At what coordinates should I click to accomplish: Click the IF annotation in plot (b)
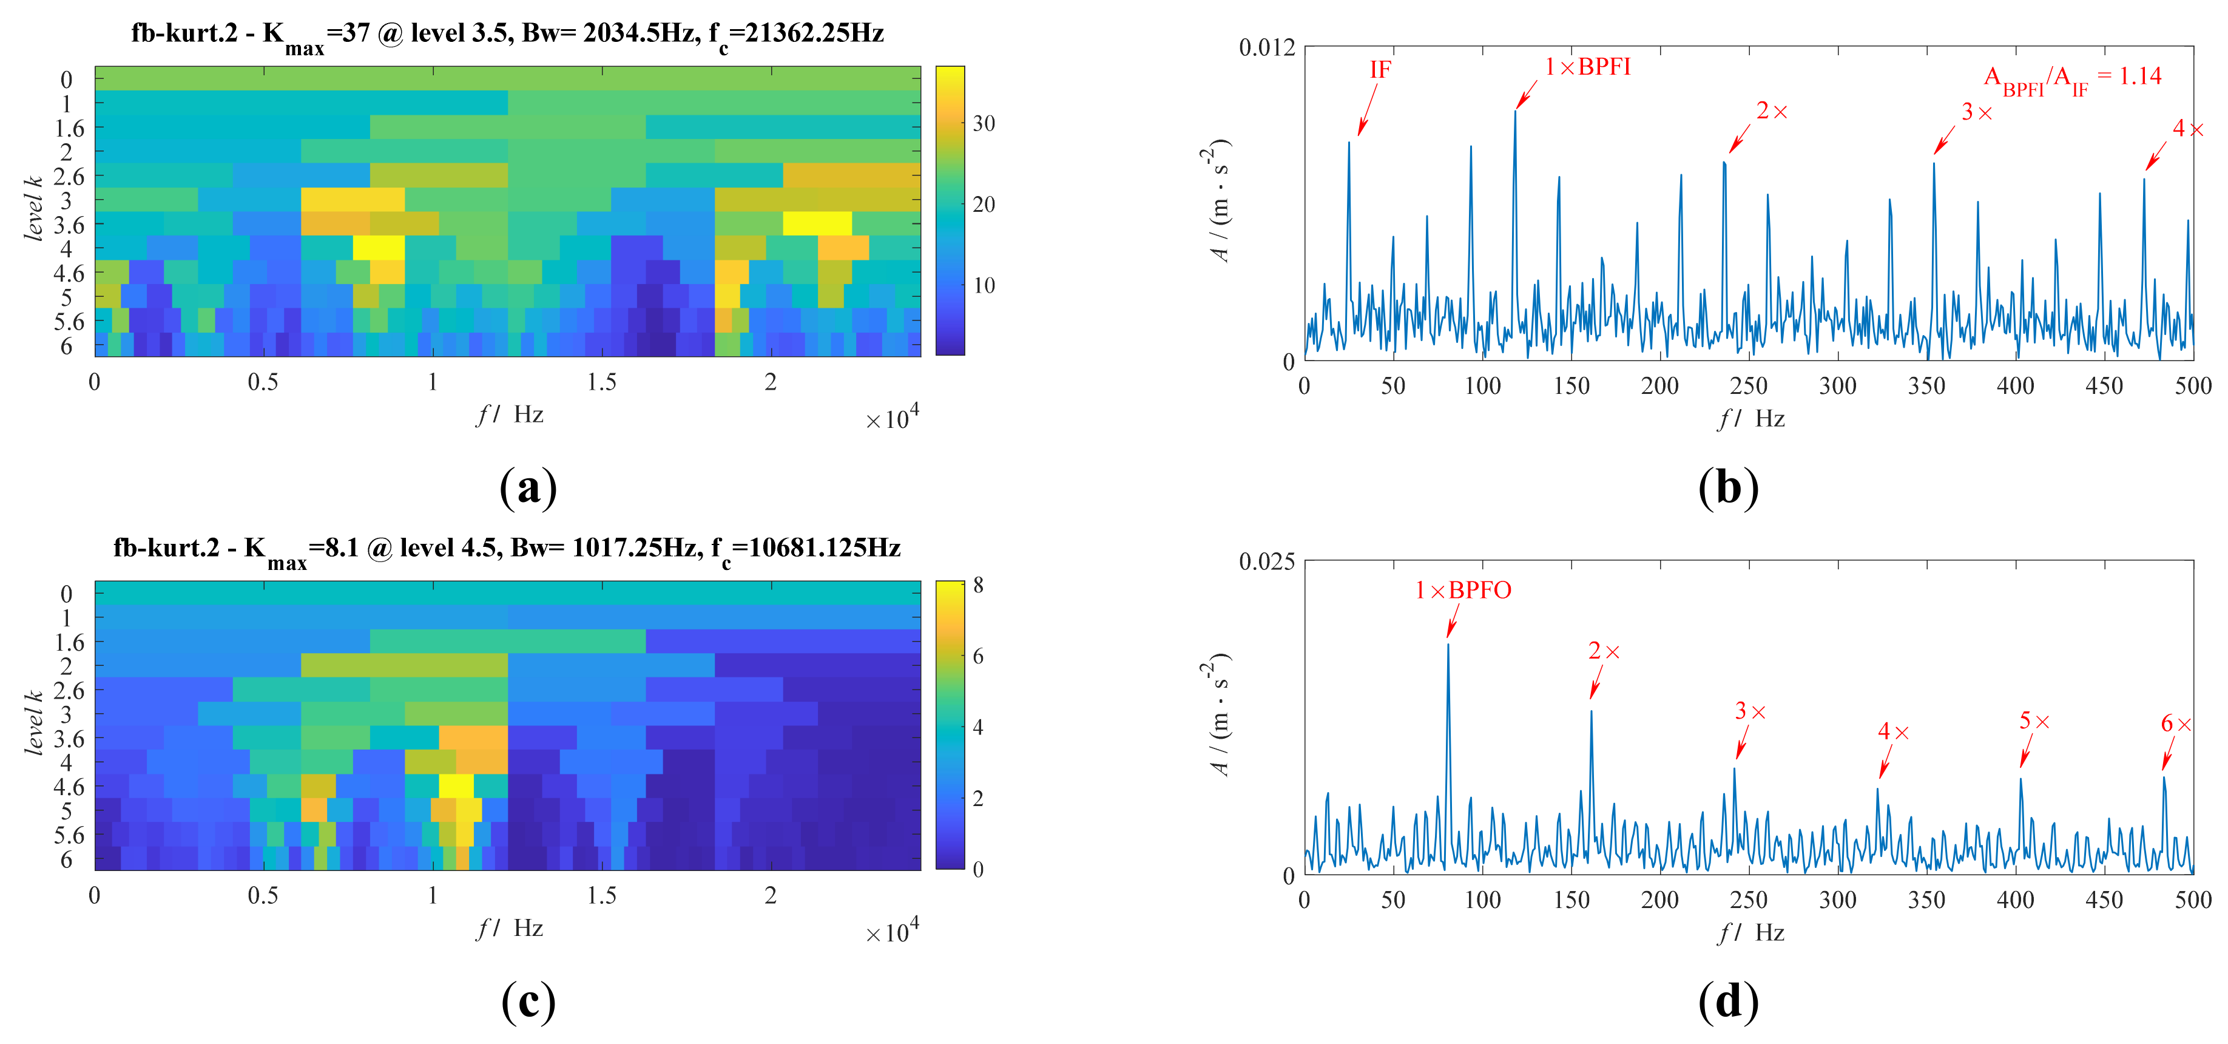click(x=1380, y=69)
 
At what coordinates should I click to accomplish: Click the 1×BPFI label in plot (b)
click(x=1587, y=67)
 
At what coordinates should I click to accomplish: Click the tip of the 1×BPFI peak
click(x=1515, y=110)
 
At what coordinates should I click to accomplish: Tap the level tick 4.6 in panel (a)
click(x=69, y=273)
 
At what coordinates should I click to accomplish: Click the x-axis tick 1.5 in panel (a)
click(x=601, y=382)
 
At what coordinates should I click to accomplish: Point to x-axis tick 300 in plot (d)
click(x=1837, y=900)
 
